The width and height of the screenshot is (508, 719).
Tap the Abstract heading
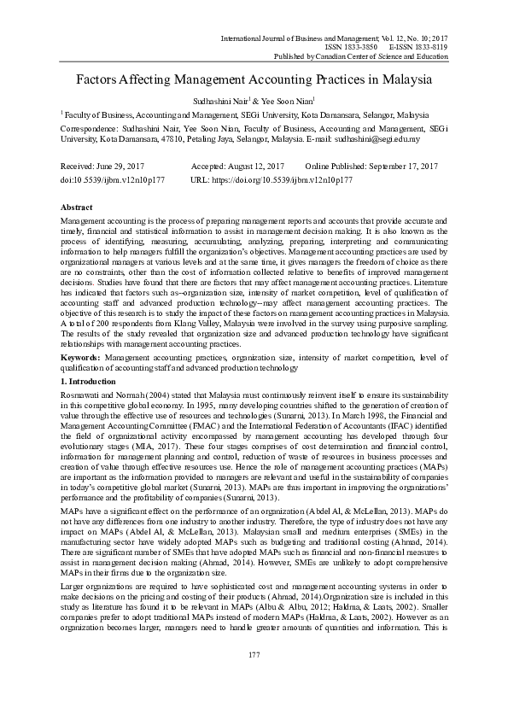click(x=78, y=208)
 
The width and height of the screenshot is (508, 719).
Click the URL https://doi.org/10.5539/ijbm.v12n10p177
click(x=284, y=181)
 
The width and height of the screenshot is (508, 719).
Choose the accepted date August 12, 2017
click(x=251, y=165)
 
